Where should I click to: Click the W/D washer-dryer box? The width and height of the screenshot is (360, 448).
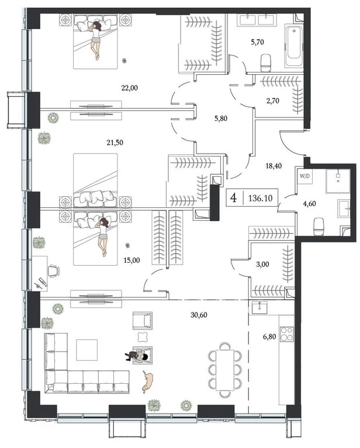click(304, 175)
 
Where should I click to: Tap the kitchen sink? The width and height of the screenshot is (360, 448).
click(258, 308)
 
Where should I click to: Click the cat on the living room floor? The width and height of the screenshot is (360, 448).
click(147, 381)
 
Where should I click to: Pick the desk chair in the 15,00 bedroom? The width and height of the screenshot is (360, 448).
click(53, 270)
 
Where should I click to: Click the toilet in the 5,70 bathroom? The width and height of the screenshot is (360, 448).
click(268, 61)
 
